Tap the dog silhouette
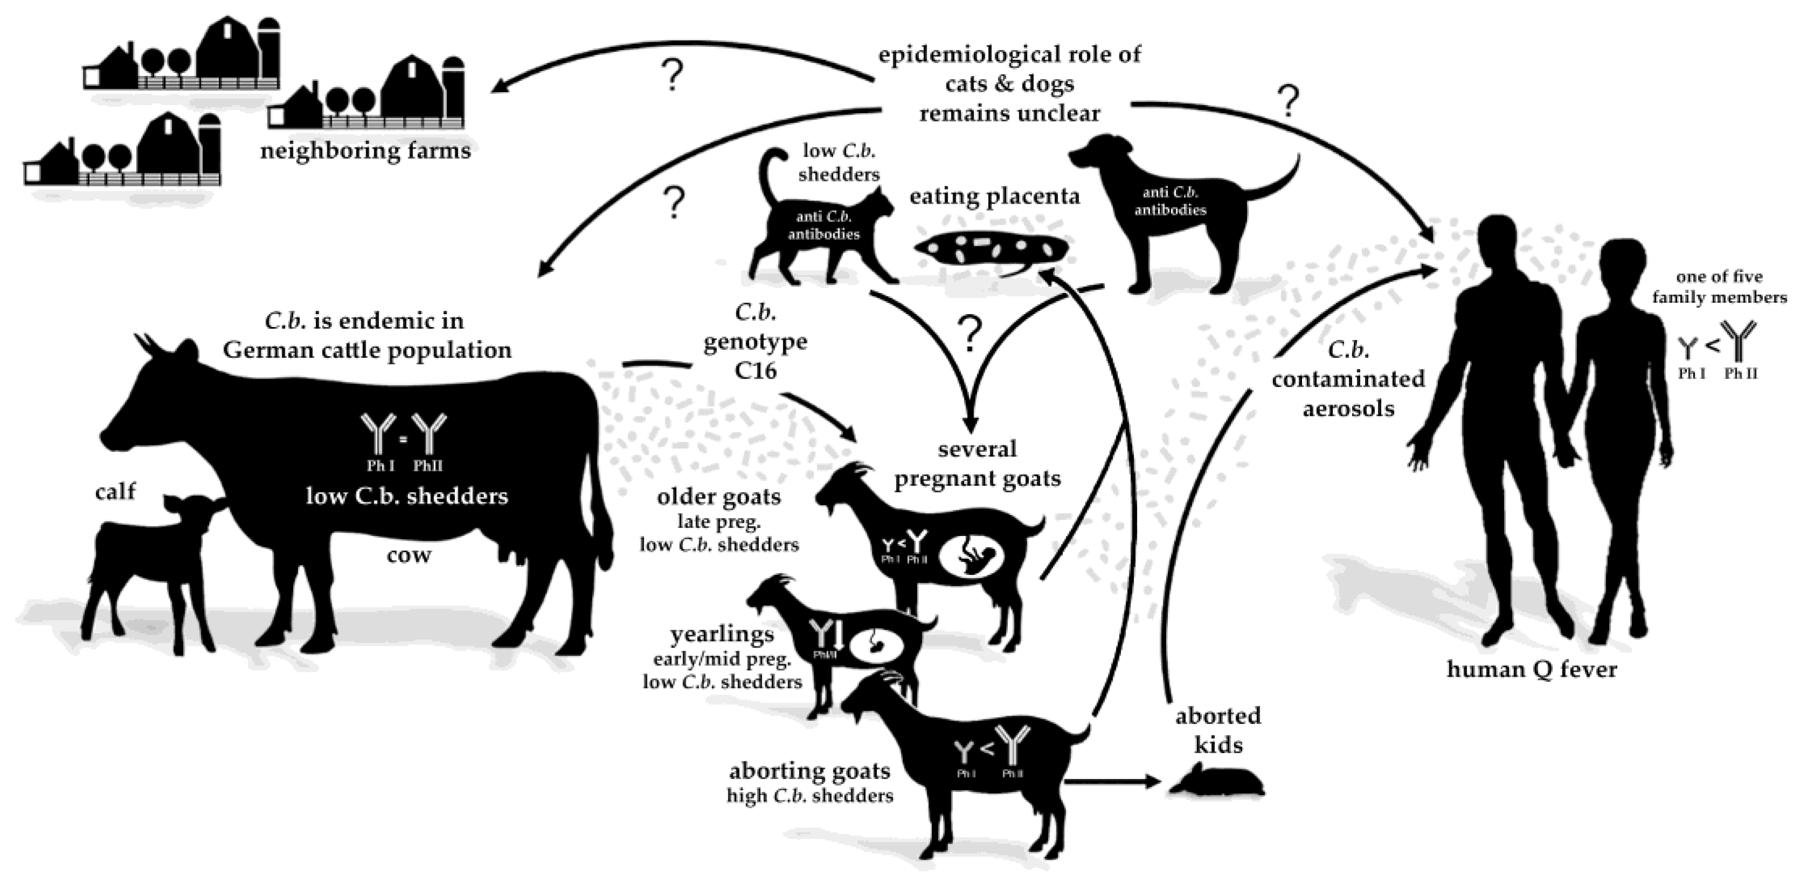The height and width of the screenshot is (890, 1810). [1173, 211]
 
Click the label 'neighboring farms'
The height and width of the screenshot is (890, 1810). [365, 150]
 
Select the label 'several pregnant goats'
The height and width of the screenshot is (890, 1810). [977, 464]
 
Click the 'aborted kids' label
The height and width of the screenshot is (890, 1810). [1217, 730]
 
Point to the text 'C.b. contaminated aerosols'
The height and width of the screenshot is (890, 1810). [1348, 379]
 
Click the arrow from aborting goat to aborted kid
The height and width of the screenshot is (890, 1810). [1110, 781]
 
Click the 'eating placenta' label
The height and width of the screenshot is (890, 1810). [994, 196]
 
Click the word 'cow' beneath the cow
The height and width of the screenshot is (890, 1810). [408, 555]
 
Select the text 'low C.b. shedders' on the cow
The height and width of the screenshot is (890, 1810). [407, 496]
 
